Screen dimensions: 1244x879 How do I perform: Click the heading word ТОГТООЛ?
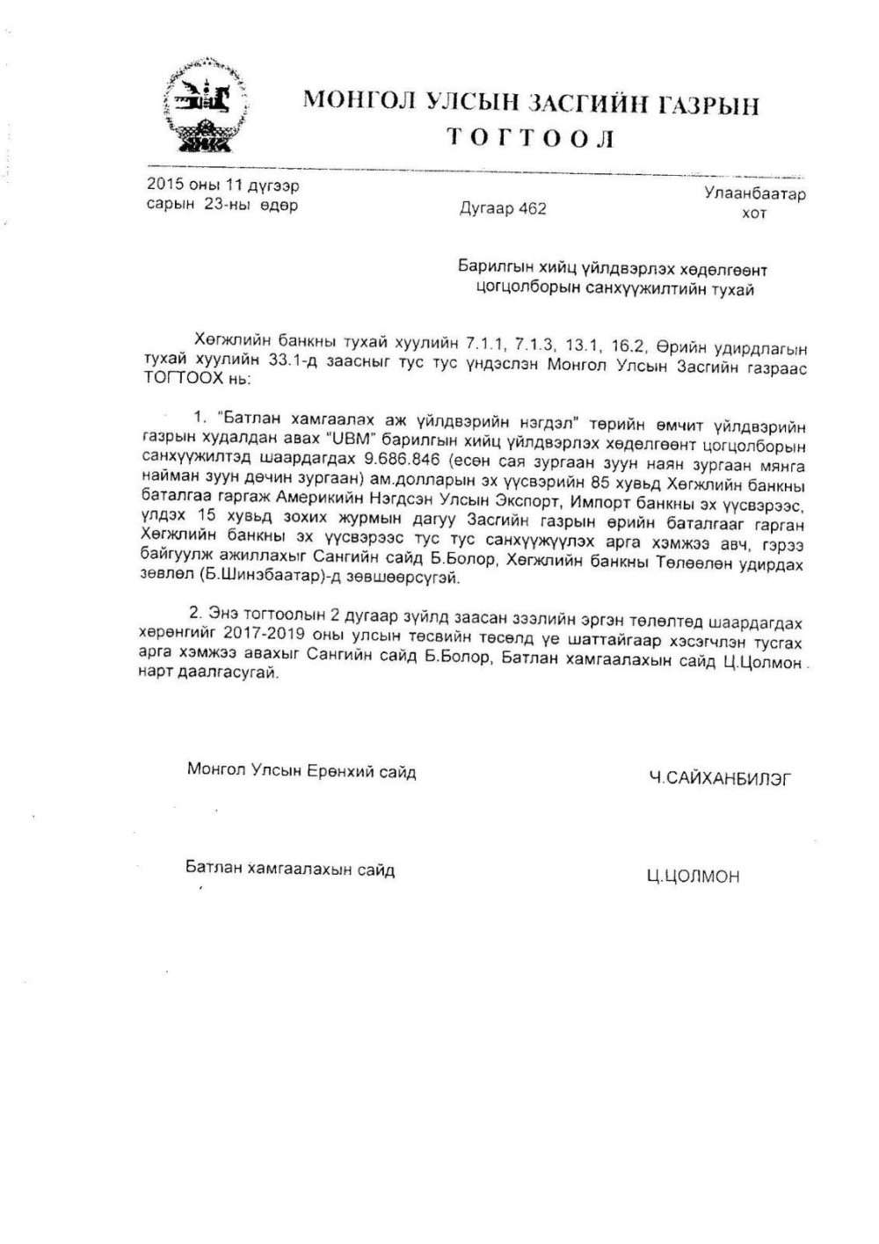531,139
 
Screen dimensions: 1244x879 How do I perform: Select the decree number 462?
532,208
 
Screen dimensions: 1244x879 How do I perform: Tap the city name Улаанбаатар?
754,194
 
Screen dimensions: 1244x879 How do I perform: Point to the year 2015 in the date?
163,186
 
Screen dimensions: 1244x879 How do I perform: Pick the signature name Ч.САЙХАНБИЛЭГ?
719,777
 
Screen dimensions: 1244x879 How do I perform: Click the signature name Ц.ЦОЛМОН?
693,876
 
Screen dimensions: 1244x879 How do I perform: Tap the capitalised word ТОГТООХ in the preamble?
178,380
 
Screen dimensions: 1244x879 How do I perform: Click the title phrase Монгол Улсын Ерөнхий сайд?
301,771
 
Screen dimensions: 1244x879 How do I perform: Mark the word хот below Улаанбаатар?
754,214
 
